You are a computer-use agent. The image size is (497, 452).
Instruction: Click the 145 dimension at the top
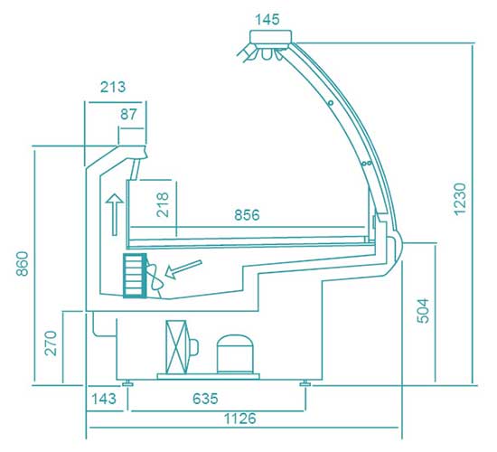(267, 20)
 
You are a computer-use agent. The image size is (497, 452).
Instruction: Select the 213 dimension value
(113, 87)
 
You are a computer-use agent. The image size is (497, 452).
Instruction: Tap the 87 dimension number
(128, 114)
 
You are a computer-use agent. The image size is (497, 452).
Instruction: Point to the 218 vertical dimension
(163, 204)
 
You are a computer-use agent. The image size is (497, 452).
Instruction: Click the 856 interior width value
(247, 215)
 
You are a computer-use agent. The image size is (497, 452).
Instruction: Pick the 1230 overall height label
(460, 199)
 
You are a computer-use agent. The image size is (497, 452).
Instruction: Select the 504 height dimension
(423, 311)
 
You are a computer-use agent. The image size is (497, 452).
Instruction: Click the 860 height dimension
(23, 264)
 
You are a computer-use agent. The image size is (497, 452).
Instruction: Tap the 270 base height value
(51, 344)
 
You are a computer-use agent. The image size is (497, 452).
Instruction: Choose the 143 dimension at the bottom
(104, 399)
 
